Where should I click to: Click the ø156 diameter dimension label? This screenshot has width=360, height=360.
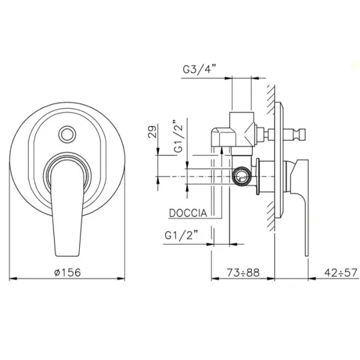pyautogui.click(x=68, y=272)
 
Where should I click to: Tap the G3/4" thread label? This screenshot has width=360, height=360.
pyautogui.click(x=200, y=69)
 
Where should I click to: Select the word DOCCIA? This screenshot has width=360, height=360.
pyautogui.click(x=188, y=213)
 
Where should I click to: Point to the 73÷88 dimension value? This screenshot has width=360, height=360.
pyautogui.click(x=243, y=272)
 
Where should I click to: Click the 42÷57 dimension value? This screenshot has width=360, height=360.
pyautogui.click(x=341, y=272)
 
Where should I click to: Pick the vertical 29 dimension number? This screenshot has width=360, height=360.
pyautogui.click(x=152, y=131)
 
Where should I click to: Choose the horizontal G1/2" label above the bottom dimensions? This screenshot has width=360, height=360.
pyautogui.click(x=181, y=235)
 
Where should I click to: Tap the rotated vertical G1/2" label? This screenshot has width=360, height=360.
pyautogui.click(x=178, y=136)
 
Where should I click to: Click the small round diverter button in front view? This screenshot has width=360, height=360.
pyautogui.click(x=67, y=134)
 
